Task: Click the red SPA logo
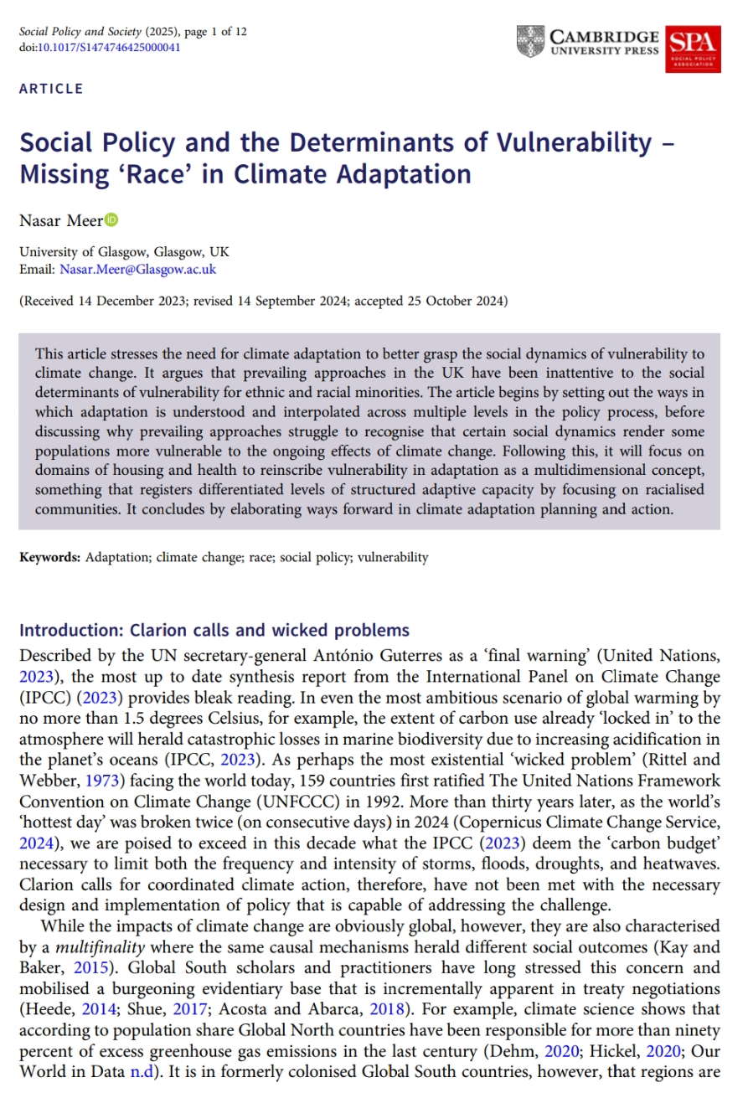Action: [x=693, y=48]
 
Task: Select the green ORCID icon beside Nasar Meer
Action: [x=112, y=220]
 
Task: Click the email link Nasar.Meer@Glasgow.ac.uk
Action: [x=138, y=269]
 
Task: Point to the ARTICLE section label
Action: [x=51, y=89]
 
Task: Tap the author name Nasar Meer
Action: [x=61, y=221]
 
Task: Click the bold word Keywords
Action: [x=49, y=557]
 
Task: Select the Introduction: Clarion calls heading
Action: [x=214, y=631]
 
